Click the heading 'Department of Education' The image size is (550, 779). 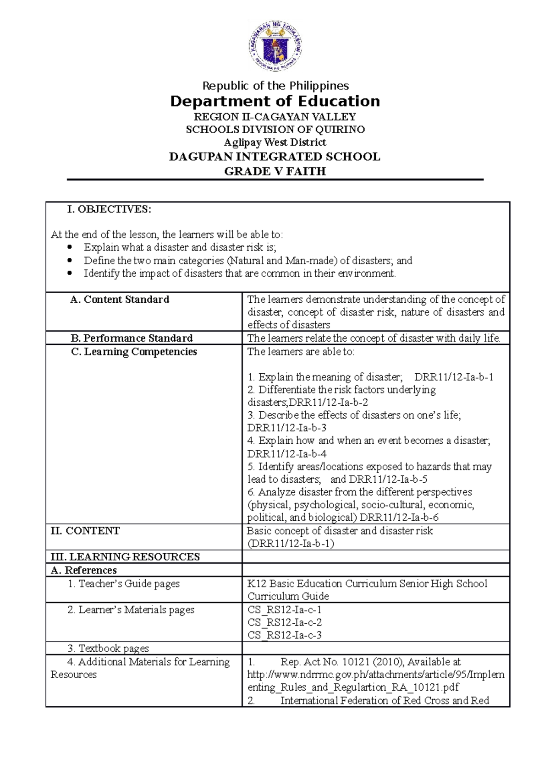[x=275, y=101]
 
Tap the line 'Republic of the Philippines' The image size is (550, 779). [x=275, y=86]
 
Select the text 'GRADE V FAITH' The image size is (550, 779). [x=275, y=171]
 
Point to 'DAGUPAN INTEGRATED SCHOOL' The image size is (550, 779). [x=275, y=157]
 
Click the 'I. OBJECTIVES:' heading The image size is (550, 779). [x=109, y=209]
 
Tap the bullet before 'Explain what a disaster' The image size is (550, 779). [x=70, y=248]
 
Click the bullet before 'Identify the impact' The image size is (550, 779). [x=70, y=273]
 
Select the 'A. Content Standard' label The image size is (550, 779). [x=120, y=300]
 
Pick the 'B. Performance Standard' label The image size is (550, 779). [x=132, y=338]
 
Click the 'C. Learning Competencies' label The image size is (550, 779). [x=134, y=352]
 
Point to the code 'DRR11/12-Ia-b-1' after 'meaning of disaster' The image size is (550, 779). [x=454, y=377]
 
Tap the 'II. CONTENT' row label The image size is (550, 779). [x=85, y=531]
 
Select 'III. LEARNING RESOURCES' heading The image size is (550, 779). [x=125, y=557]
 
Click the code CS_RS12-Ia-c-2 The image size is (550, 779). [x=285, y=622]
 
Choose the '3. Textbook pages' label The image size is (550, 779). [x=108, y=648]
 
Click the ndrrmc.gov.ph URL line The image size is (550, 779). [x=376, y=675]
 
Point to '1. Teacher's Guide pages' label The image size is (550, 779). [x=123, y=584]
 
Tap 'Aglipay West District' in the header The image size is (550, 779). [x=275, y=142]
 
